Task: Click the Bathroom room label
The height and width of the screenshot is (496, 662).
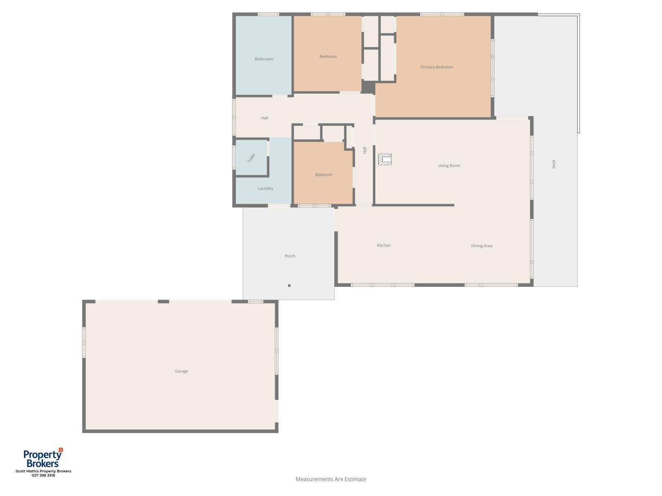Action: (264, 59)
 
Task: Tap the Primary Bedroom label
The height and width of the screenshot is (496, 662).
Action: (437, 67)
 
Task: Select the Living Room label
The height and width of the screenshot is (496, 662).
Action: (449, 166)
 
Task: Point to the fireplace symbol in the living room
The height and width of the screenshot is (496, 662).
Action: (385, 160)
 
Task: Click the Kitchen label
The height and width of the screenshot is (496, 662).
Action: (384, 246)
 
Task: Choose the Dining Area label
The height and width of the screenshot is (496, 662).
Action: (481, 246)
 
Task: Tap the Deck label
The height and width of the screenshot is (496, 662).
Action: (554, 164)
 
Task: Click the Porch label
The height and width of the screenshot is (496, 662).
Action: (290, 256)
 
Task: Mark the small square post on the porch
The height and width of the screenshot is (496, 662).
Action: (289, 286)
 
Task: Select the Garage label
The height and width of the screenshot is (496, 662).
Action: (181, 371)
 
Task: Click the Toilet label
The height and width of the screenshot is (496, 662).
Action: (251, 158)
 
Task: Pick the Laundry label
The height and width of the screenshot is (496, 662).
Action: (265, 188)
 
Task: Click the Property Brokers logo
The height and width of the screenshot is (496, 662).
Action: (43, 458)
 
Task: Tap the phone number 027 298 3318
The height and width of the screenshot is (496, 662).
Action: (43, 475)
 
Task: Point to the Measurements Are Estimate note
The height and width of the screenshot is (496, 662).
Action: (331, 479)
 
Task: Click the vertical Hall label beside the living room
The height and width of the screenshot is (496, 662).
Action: (365, 150)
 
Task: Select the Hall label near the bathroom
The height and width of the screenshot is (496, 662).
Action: (264, 118)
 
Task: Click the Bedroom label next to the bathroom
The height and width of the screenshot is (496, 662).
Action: (328, 57)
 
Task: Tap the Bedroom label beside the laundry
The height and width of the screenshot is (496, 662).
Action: (324, 175)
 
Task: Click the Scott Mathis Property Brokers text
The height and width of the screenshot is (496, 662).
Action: (43, 471)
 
